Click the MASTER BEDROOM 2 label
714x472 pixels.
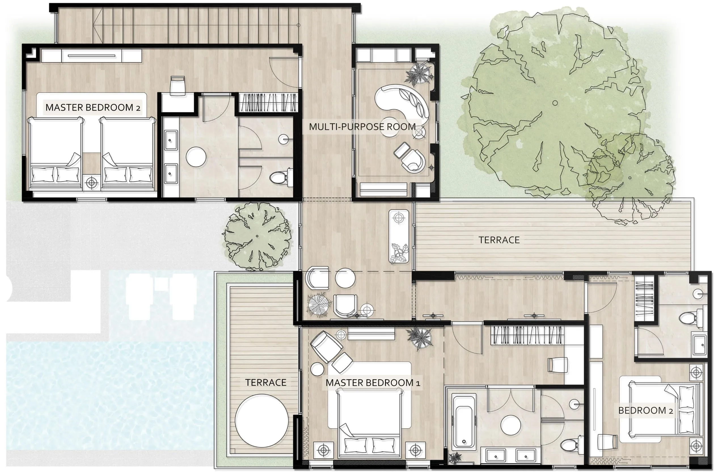(x=93, y=108)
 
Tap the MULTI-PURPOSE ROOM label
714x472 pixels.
(x=362, y=127)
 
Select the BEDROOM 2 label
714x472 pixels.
(x=645, y=410)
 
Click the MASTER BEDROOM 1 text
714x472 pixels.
(x=373, y=383)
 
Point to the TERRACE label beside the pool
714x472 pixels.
(x=266, y=382)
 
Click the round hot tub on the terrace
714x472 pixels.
(x=261, y=421)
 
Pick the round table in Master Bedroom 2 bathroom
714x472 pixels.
(x=196, y=157)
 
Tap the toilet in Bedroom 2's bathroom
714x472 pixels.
(x=691, y=318)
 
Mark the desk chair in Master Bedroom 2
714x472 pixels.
(x=177, y=86)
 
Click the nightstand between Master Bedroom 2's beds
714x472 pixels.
(x=92, y=182)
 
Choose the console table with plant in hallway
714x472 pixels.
(x=399, y=237)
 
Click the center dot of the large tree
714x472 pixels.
(x=555, y=103)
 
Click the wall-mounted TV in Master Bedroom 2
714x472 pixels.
(x=92, y=56)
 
